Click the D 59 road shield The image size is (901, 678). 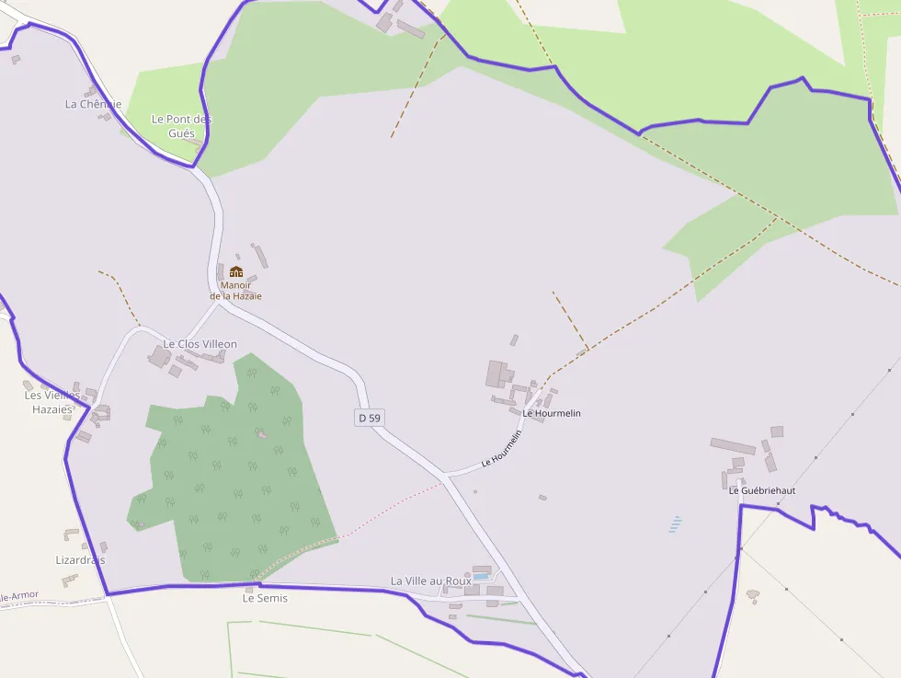pyautogui.click(x=369, y=418)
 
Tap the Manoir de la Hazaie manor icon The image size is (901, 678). pyautogui.click(x=236, y=271)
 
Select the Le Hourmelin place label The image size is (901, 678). pyautogui.click(x=552, y=413)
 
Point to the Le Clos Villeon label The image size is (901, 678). pyautogui.click(x=200, y=344)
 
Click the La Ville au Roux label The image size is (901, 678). pyautogui.click(x=430, y=580)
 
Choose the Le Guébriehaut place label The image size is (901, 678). pyautogui.click(x=762, y=490)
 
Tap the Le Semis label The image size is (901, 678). pyautogui.click(x=265, y=598)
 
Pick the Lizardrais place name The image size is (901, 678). pyautogui.click(x=80, y=559)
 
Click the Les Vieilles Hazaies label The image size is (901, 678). pyautogui.click(x=52, y=402)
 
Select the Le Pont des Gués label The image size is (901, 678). pyautogui.click(x=181, y=126)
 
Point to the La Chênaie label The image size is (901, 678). pyautogui.click(x=93, y=104)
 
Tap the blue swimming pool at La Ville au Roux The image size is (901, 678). pyautogui.click(x=481, y=576)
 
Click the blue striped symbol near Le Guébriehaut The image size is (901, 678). pyautogui.click(x=676, y=524)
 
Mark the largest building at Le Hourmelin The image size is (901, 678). pyautogui.click(x=498, y=373)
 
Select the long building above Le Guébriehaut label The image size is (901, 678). pyautogui.click(x=733, y=446)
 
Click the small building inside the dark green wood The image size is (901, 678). pyautogui.click(x=262, y=433)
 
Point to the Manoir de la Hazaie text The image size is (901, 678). pyautogui.click(x=235, y=291)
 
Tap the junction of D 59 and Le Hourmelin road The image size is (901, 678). pyautogui.click(x=444, y=476)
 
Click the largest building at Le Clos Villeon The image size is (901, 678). pyautogui.click(x=160, y=356)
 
